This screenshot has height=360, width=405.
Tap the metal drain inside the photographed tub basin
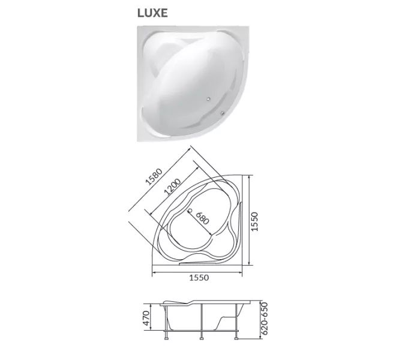click(208, 98)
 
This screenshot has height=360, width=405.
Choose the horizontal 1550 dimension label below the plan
click(199, 278)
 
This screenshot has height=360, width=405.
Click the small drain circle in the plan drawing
click(190, 211)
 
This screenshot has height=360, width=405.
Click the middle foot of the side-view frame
click(203, 343)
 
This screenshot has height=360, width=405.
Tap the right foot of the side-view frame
click(238, 343)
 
